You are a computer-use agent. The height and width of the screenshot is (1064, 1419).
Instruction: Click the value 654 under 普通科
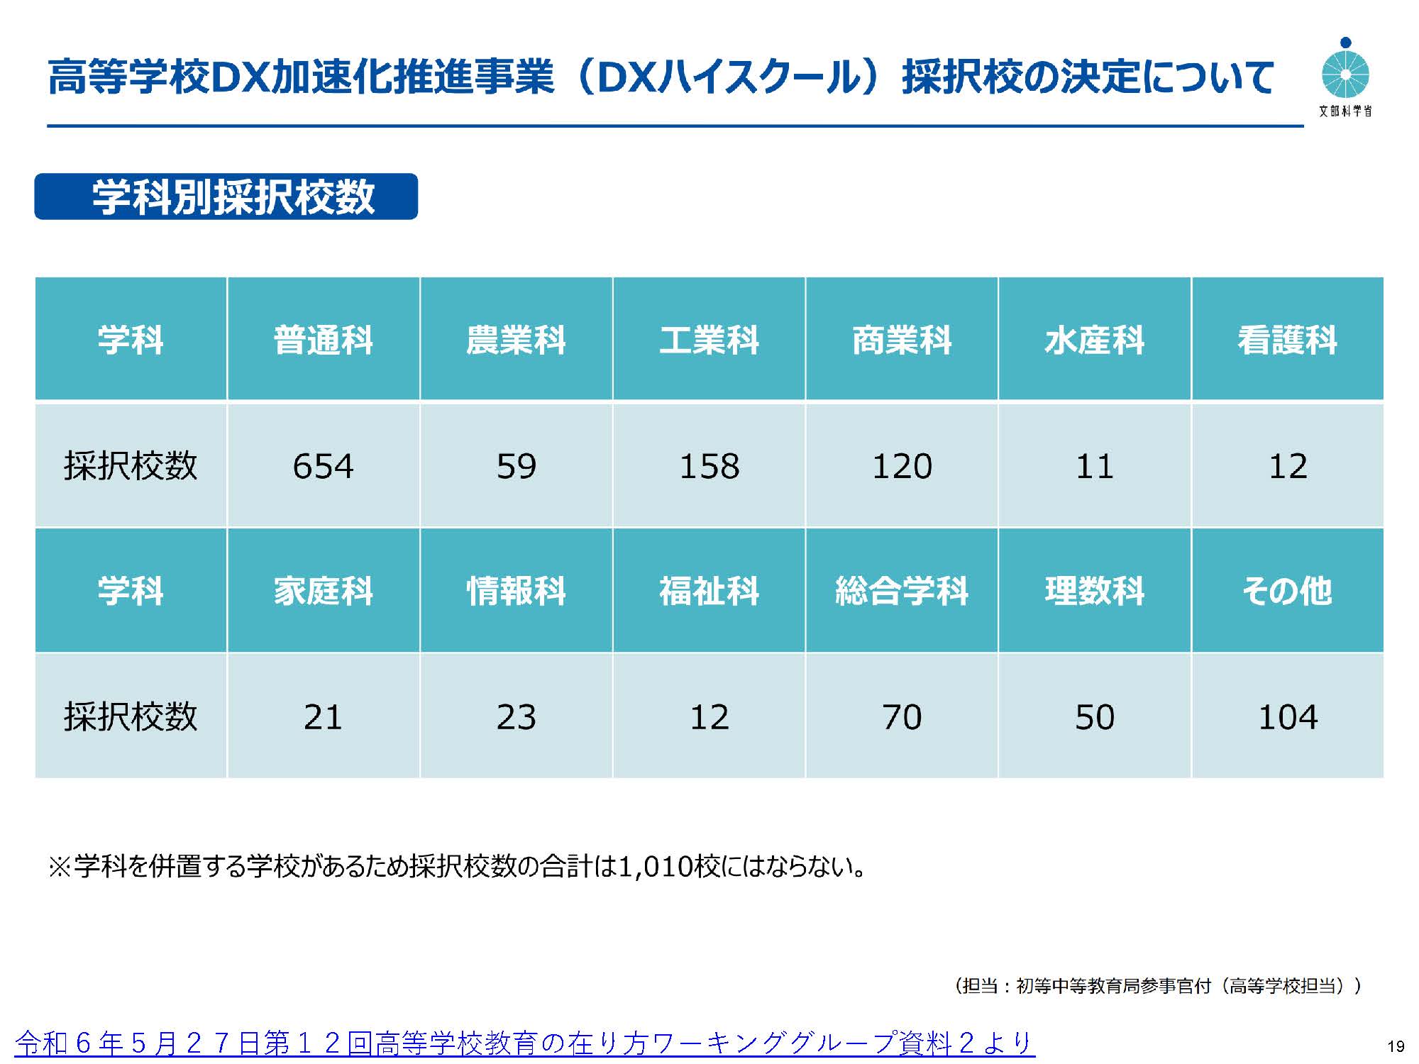tap(323, 466)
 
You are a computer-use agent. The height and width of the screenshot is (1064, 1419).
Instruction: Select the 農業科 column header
tap(516, 340)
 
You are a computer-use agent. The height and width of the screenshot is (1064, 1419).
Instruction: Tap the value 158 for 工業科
tap(709, 466)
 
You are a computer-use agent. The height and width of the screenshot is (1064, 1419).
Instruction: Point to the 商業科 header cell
tap(901, 340)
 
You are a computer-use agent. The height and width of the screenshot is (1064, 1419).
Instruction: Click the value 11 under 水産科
tap(1094, 466)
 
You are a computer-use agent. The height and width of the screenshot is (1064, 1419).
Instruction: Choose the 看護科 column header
tap(1287, 340)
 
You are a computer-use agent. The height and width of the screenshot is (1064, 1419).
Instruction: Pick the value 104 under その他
tap(1287, 717)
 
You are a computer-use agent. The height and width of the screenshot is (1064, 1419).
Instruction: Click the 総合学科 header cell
tap(901, 591)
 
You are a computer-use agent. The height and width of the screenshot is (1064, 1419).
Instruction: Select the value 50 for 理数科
tap(1094, 717)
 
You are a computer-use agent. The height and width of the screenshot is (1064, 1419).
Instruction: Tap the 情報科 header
tap(516, 591)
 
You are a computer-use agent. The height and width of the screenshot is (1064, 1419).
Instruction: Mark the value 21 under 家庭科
tap(323, 717)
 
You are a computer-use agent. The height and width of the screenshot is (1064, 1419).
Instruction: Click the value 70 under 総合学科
tap(901, 717)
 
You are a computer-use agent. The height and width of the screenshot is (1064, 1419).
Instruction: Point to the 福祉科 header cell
tap(709, 591)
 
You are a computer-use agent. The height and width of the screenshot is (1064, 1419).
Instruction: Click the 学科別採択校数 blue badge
tap(226, 196)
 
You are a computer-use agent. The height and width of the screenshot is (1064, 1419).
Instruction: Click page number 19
tap(1396, 1046)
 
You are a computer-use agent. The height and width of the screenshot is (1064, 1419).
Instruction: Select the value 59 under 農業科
tap(516, 466)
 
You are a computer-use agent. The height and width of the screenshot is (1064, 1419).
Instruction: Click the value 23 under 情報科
tap(516, 717)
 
